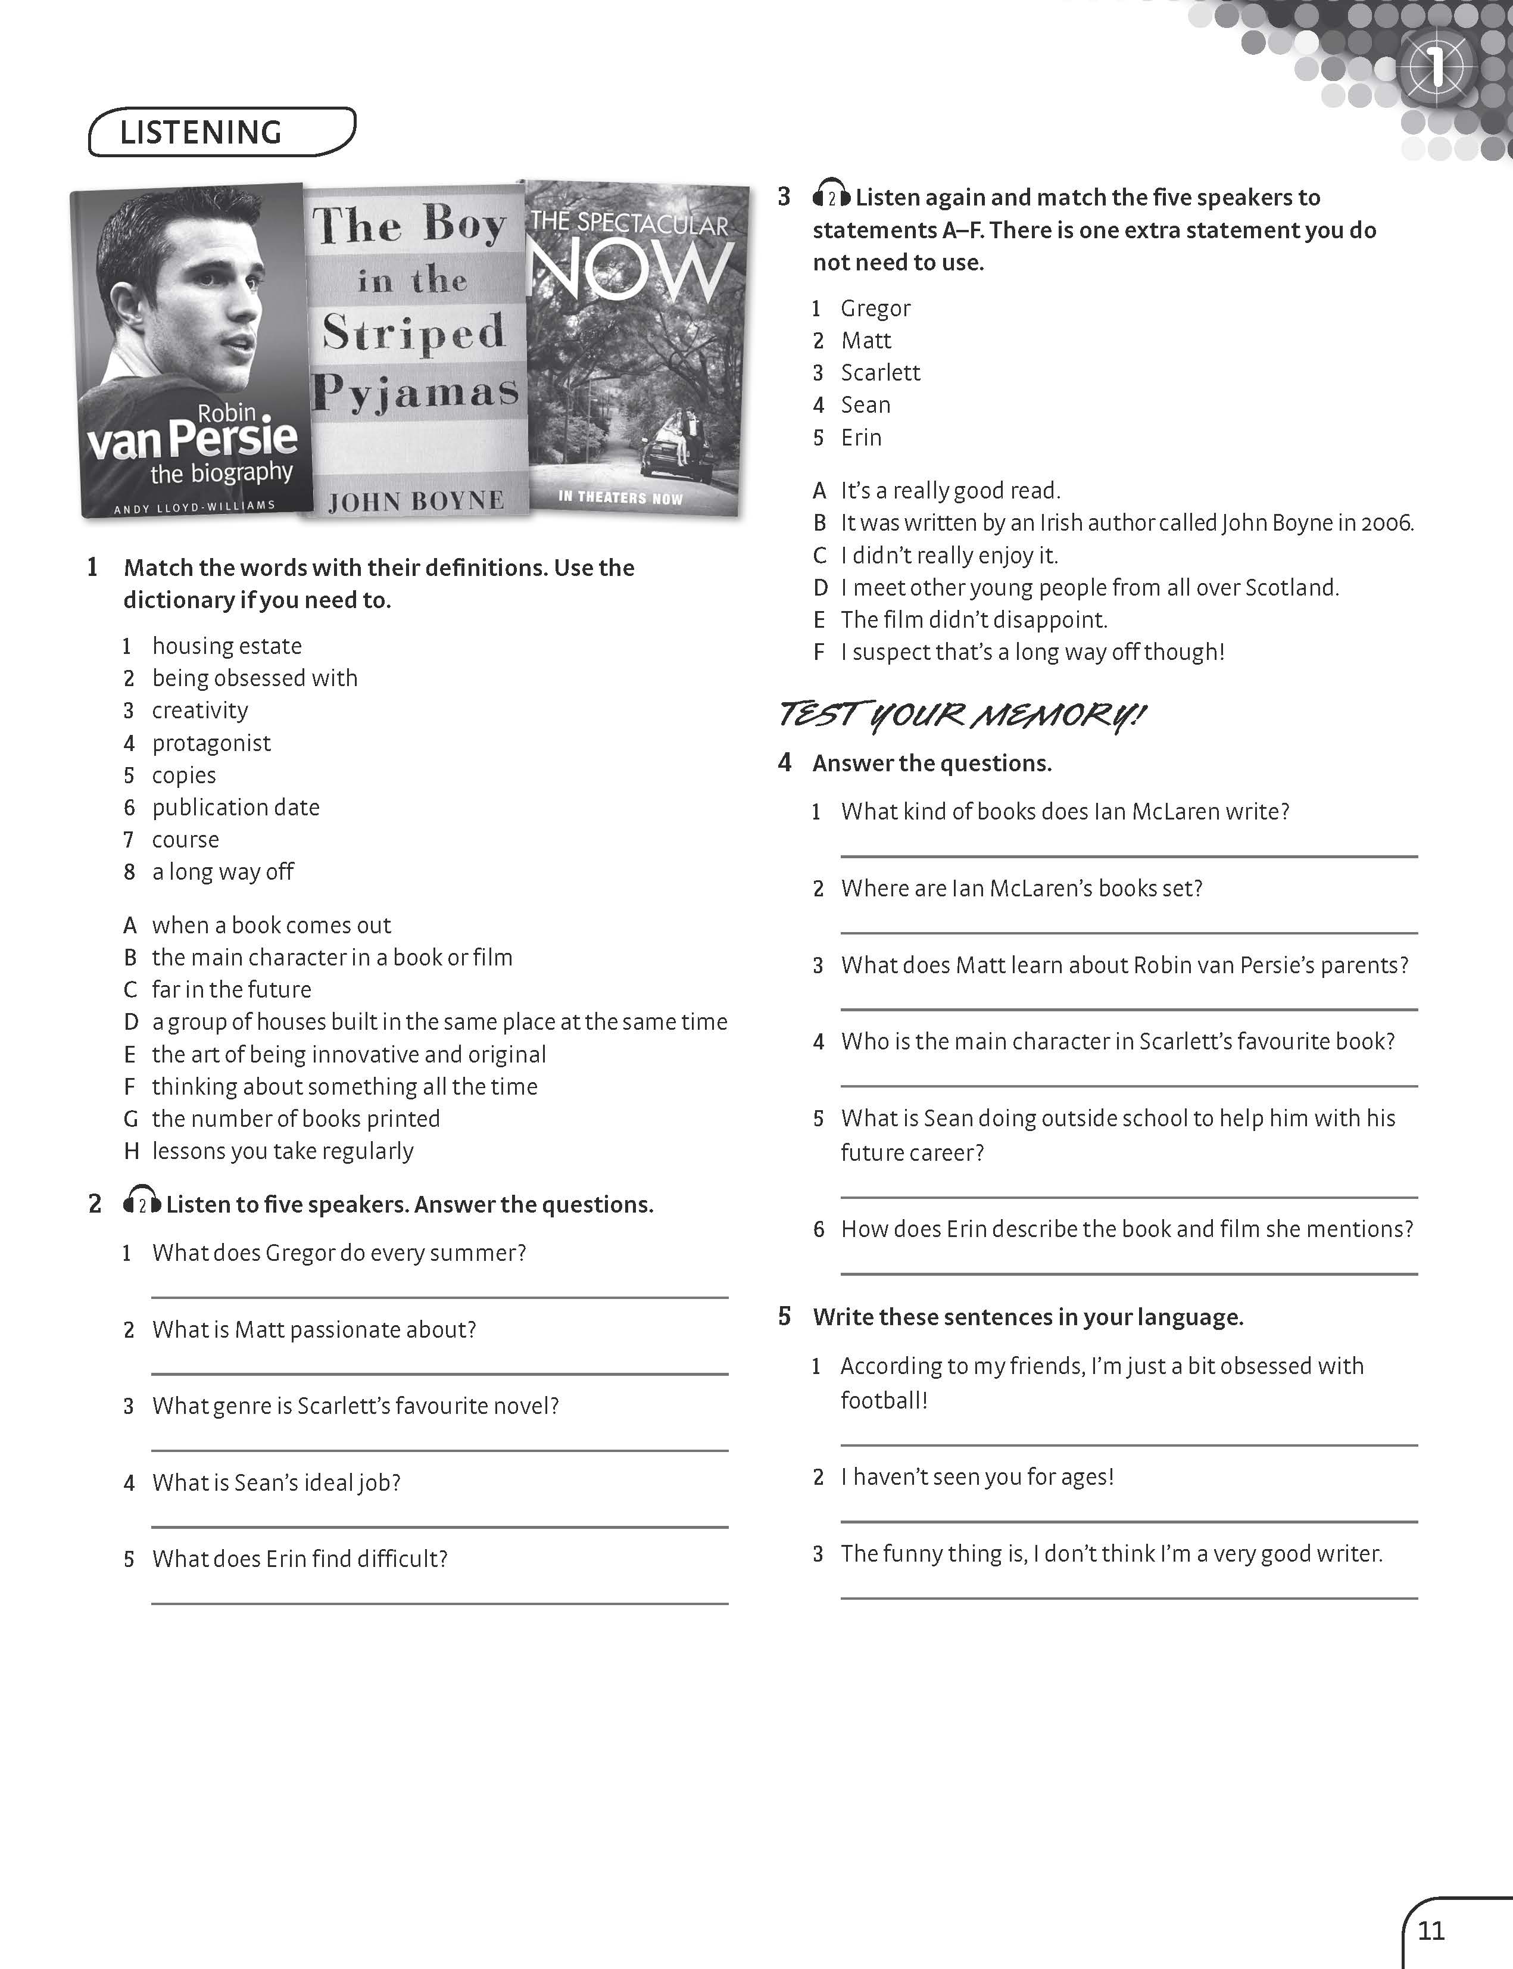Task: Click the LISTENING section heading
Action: point(201,132)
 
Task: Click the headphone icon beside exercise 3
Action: point(831,195)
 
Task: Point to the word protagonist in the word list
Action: point(211,743)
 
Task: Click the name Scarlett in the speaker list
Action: point(880,373)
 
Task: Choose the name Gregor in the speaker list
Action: point(875,308)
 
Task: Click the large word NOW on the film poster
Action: point(631,270)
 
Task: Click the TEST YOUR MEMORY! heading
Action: point(961,715)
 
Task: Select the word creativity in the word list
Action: point(200,711)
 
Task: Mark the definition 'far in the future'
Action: point(232,989)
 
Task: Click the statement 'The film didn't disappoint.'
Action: point(974,619)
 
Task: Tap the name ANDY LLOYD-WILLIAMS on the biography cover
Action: point(194,507)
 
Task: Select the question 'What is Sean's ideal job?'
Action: point(276,1482)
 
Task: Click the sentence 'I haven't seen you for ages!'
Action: point(977,1477)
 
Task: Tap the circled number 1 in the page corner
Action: point(1436,67)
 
